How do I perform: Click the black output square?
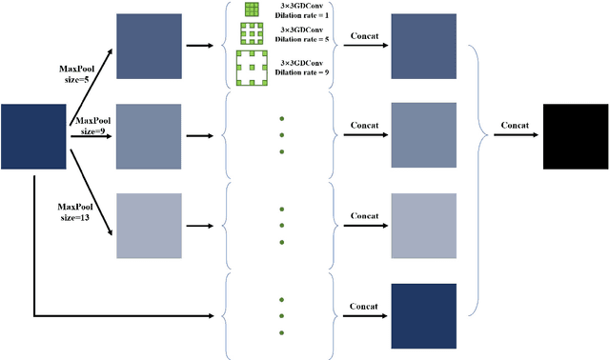coord(576,135)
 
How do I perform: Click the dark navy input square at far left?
coord(34,135)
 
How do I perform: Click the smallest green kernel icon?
coord(252,10)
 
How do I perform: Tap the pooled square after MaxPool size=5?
coord(148,45)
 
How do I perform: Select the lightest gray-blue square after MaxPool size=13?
coord(148,225)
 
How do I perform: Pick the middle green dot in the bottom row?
coord(283,313)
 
